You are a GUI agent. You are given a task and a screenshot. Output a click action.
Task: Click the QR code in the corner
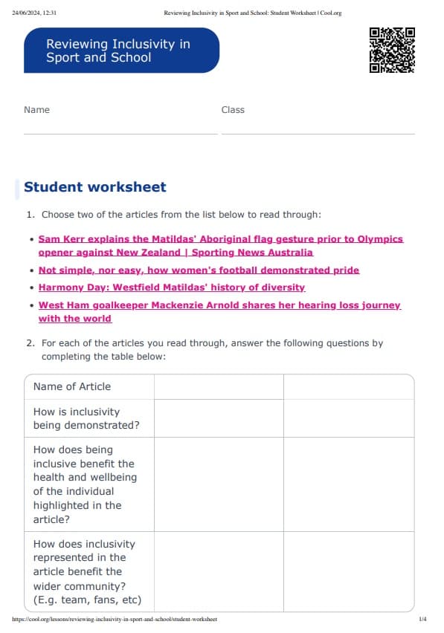(x=392, y=50)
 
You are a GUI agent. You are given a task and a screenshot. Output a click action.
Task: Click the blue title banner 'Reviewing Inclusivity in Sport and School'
(x=121, y=51)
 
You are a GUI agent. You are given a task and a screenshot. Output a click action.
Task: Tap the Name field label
(x=36, y=110)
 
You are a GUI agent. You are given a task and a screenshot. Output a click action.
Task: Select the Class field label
(x=233, y=110)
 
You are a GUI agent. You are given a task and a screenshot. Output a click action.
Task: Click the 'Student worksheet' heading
(x=95, y=187)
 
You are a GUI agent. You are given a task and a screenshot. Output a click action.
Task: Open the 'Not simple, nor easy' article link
(x=199, y=270)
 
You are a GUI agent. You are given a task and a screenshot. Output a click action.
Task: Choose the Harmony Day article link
(x=172, y=287)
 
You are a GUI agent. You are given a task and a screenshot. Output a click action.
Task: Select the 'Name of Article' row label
(x=72, y=386)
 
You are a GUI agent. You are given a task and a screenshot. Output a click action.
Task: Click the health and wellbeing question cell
(x=84, y=484)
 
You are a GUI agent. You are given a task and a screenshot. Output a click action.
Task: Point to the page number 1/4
(x=422, y=619)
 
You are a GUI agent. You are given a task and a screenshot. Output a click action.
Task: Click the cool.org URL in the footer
(x=115, y=619)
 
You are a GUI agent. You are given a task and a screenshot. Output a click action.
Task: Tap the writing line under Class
(x=318, y=134)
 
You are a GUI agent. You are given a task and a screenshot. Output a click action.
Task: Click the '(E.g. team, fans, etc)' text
(x=87, y=600)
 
